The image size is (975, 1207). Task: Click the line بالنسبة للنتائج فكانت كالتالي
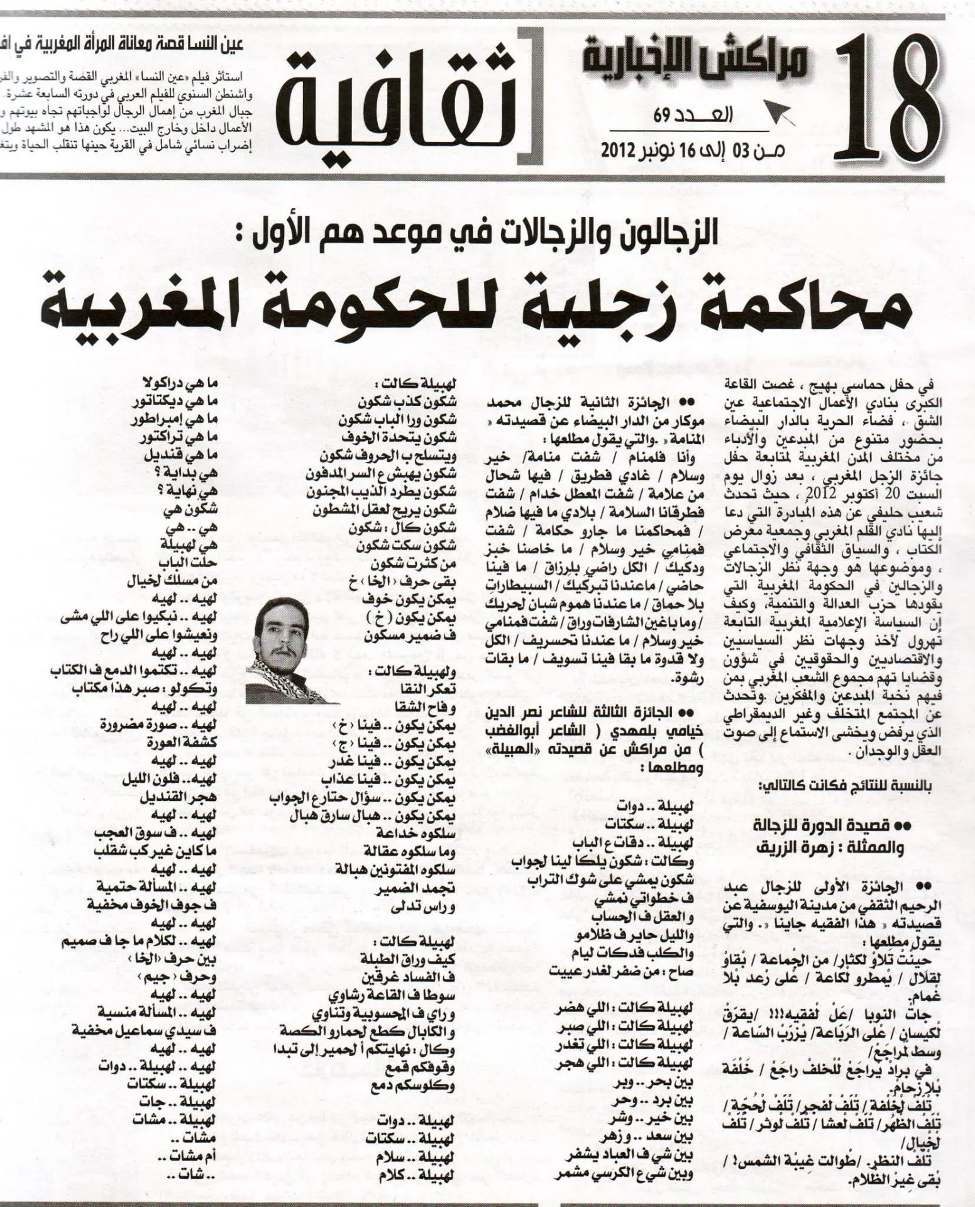click(x=839, y=786)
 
